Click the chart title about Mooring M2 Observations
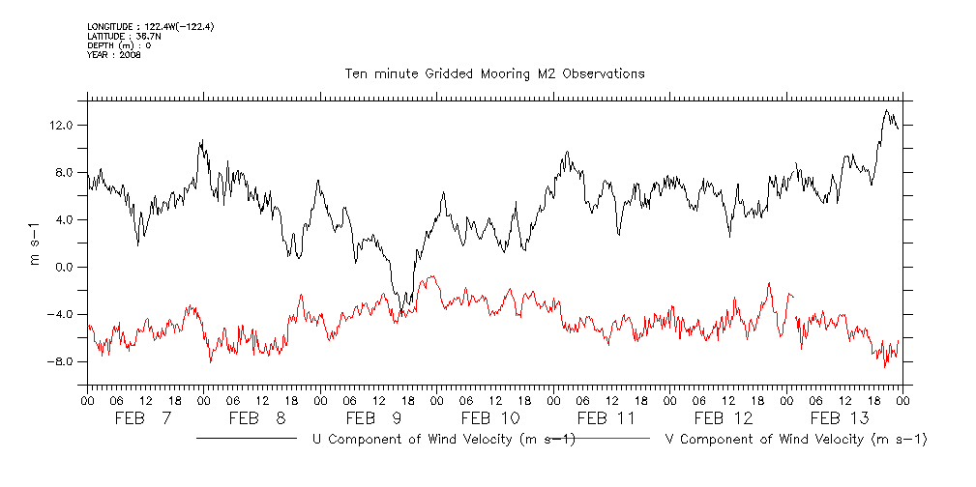click(x=495, y=73)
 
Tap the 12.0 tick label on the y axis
click(x=62, y=126)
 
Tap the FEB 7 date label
click(x=143, y=418)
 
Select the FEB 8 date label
click(x=259, y=418)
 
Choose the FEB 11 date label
click(x=606, y=418)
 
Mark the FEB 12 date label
click(x=724, y=418)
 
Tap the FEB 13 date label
click(x=840, y=418)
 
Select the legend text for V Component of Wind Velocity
click(x=797, y=440)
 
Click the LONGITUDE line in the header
click(x=150, y=26)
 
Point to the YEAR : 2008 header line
click(x=114, y=55)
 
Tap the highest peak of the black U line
click(x=886, y=110)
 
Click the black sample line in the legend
click(x=246, y=439)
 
